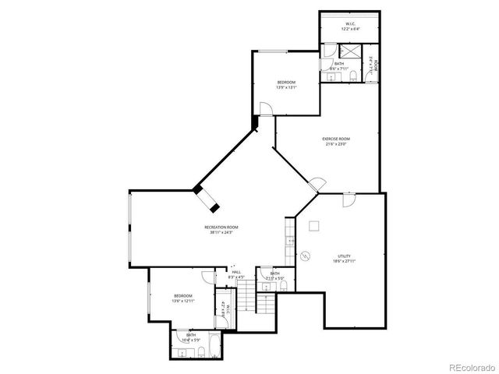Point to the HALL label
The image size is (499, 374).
235,274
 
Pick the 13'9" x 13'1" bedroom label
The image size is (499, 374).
286,85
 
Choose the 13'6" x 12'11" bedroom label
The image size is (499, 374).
183,298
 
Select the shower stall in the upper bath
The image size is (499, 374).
352,51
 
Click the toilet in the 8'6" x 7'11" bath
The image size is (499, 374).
353,74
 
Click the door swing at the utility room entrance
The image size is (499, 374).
349,199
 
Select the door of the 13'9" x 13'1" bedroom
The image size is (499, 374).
267,110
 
